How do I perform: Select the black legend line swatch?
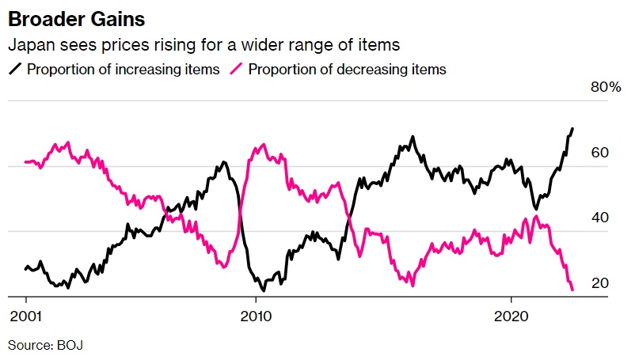point(15,69)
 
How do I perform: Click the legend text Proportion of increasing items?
point(123,69)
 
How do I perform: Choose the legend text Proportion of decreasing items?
point(347,69)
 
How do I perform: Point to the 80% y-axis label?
point(606,87)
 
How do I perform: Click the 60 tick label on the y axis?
point(601,153)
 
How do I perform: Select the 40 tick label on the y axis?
point(601,218)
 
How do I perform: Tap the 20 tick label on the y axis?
point(601,283)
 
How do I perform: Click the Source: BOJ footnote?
point(45,345)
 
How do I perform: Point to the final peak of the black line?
point(572,128)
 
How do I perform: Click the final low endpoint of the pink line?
point(572,290)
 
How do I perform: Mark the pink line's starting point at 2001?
point(26,161)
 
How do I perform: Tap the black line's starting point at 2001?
point(26,268)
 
